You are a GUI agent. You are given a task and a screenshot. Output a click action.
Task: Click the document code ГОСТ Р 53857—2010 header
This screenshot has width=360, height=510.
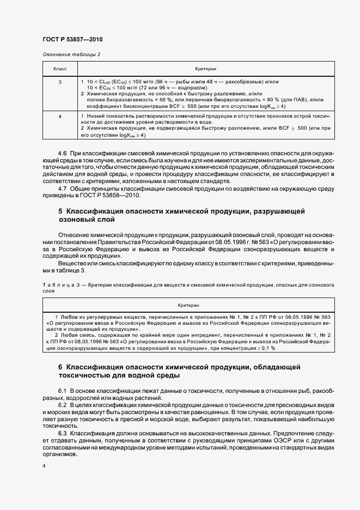pos(72,40)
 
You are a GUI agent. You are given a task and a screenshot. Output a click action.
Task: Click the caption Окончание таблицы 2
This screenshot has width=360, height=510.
pos(71,54)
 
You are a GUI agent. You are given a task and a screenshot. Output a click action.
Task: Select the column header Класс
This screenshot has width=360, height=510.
pos(60,69)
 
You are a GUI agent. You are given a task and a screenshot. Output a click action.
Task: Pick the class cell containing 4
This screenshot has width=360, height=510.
pos(60,117)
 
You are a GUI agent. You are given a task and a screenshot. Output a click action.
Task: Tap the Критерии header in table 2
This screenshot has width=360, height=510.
pos(206,69)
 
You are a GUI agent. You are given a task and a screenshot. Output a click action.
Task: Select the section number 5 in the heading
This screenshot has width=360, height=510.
pos(60,210)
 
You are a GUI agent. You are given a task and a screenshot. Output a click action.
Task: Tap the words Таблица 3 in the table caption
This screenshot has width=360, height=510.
pos(56,284)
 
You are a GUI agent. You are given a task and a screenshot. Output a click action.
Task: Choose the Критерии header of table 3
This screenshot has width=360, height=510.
pos(188,306)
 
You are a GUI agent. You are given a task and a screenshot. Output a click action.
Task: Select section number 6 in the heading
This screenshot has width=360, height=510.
pos(60,368)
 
